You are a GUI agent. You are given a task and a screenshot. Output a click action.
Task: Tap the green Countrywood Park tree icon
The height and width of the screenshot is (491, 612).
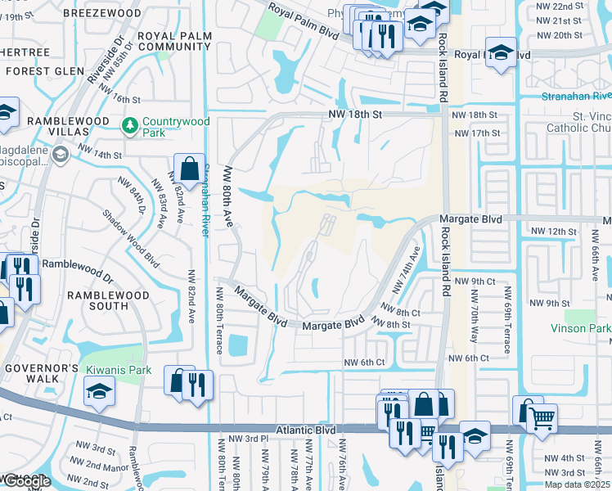pyautogui.click(x=129, y=126)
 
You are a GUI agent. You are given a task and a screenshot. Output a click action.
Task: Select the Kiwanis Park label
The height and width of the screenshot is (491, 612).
pyautogui.click(x=119, y=371)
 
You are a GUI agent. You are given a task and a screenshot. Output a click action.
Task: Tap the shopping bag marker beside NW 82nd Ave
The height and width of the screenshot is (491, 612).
pyautogui.click(x=189, y=169)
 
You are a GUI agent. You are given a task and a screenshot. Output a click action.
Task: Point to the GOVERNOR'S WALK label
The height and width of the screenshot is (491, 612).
pyautogui.click(x=41, y=372)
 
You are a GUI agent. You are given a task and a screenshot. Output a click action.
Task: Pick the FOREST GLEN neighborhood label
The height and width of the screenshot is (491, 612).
pyautogui.click(x=46, y=71)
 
